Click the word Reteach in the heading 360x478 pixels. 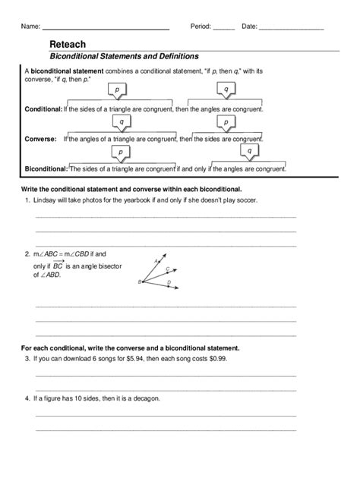68,45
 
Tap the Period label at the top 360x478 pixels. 200,26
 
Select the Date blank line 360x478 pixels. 292,27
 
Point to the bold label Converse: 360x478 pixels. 39,140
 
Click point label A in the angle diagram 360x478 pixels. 156,260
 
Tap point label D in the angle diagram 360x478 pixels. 169,283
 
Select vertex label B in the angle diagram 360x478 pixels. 140,281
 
